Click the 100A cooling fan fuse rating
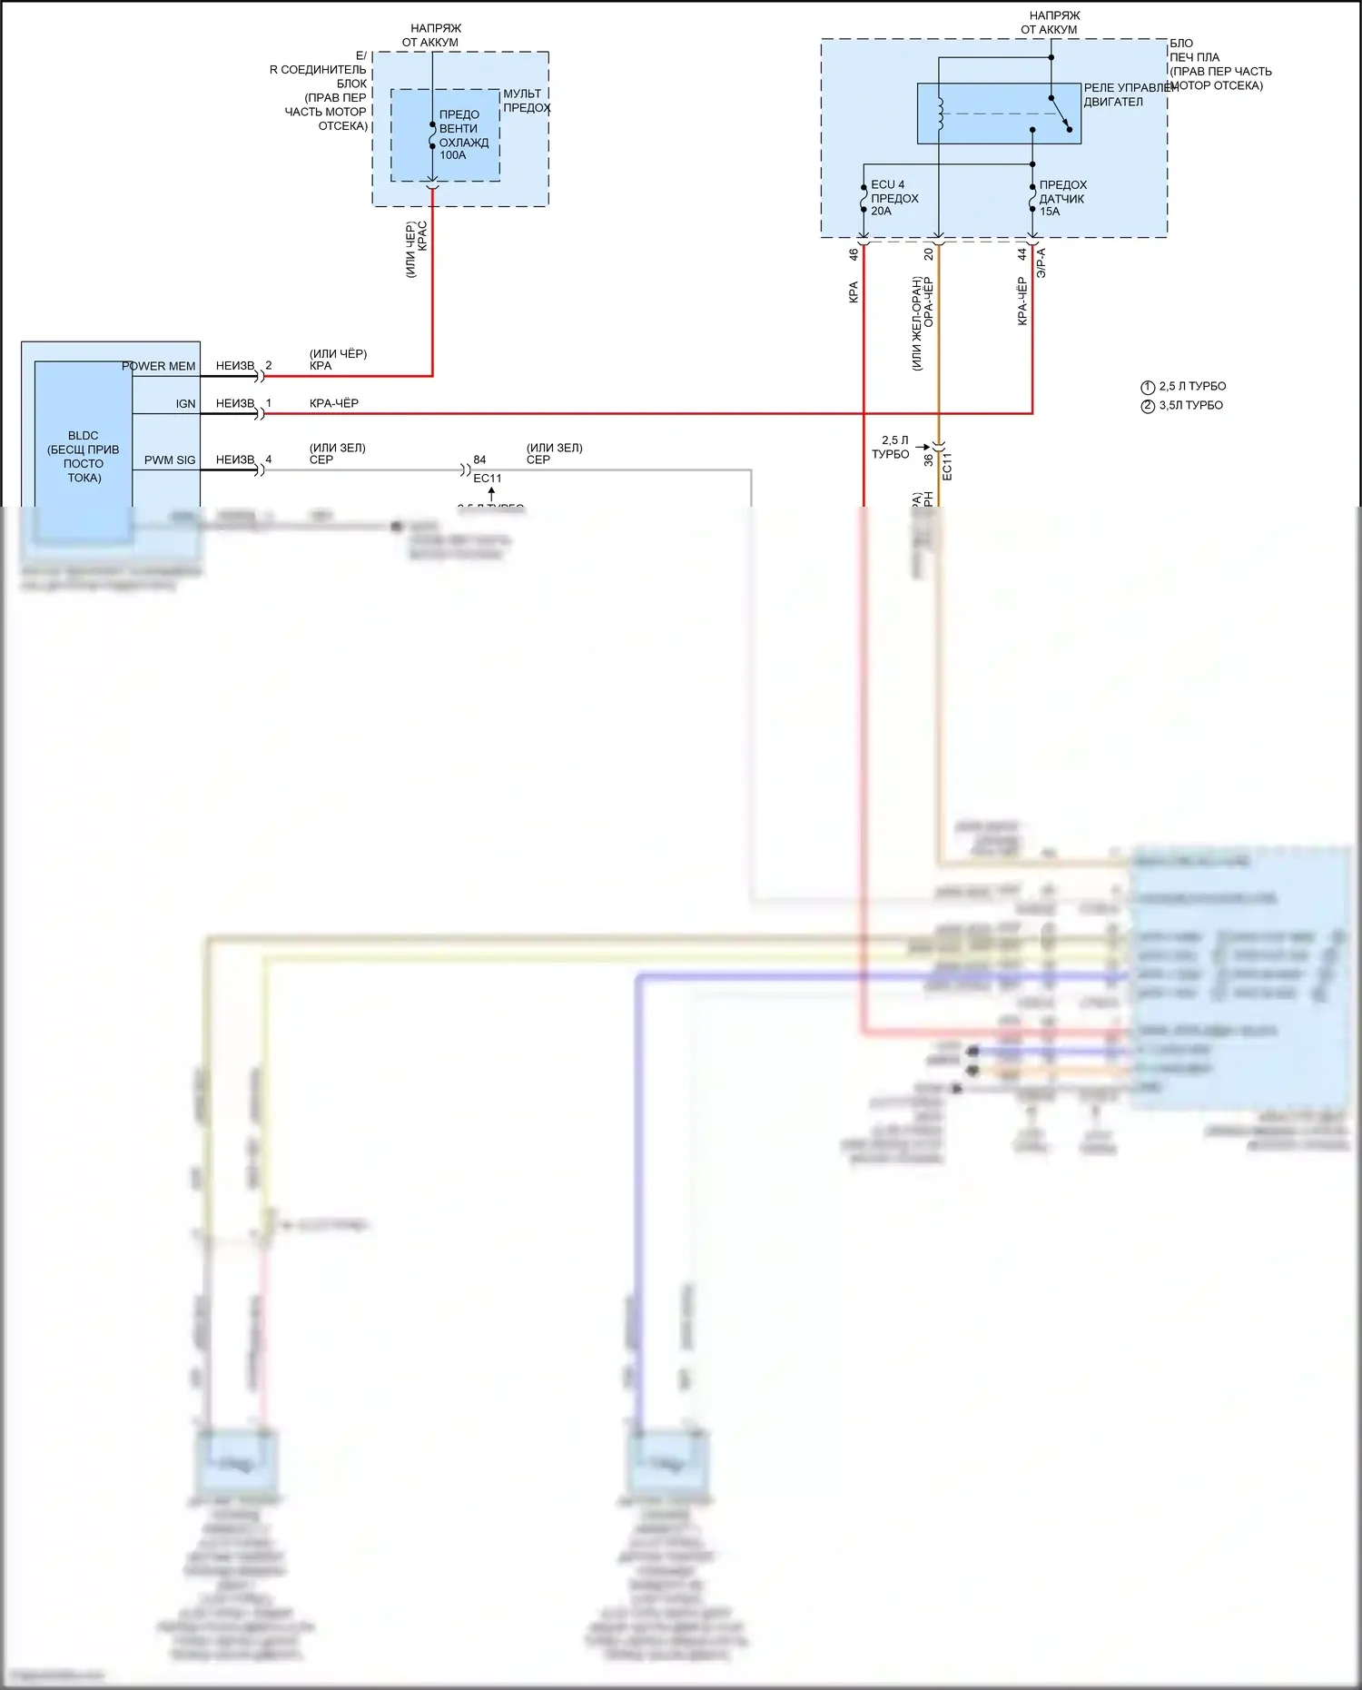452,155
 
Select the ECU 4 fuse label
887,184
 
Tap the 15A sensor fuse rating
1050,212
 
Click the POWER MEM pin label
159,367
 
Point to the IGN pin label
185,404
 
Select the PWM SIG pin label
170,460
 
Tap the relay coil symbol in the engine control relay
940,113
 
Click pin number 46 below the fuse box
854,255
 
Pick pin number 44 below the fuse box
1021,255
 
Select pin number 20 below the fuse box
928,255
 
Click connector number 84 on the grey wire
479,460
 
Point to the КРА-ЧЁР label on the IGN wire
334,403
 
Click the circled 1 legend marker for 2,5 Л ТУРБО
1148,387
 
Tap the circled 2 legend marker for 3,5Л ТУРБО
1148,406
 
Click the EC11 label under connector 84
488,479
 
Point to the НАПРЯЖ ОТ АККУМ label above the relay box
1051,23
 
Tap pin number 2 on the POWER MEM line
269,366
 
